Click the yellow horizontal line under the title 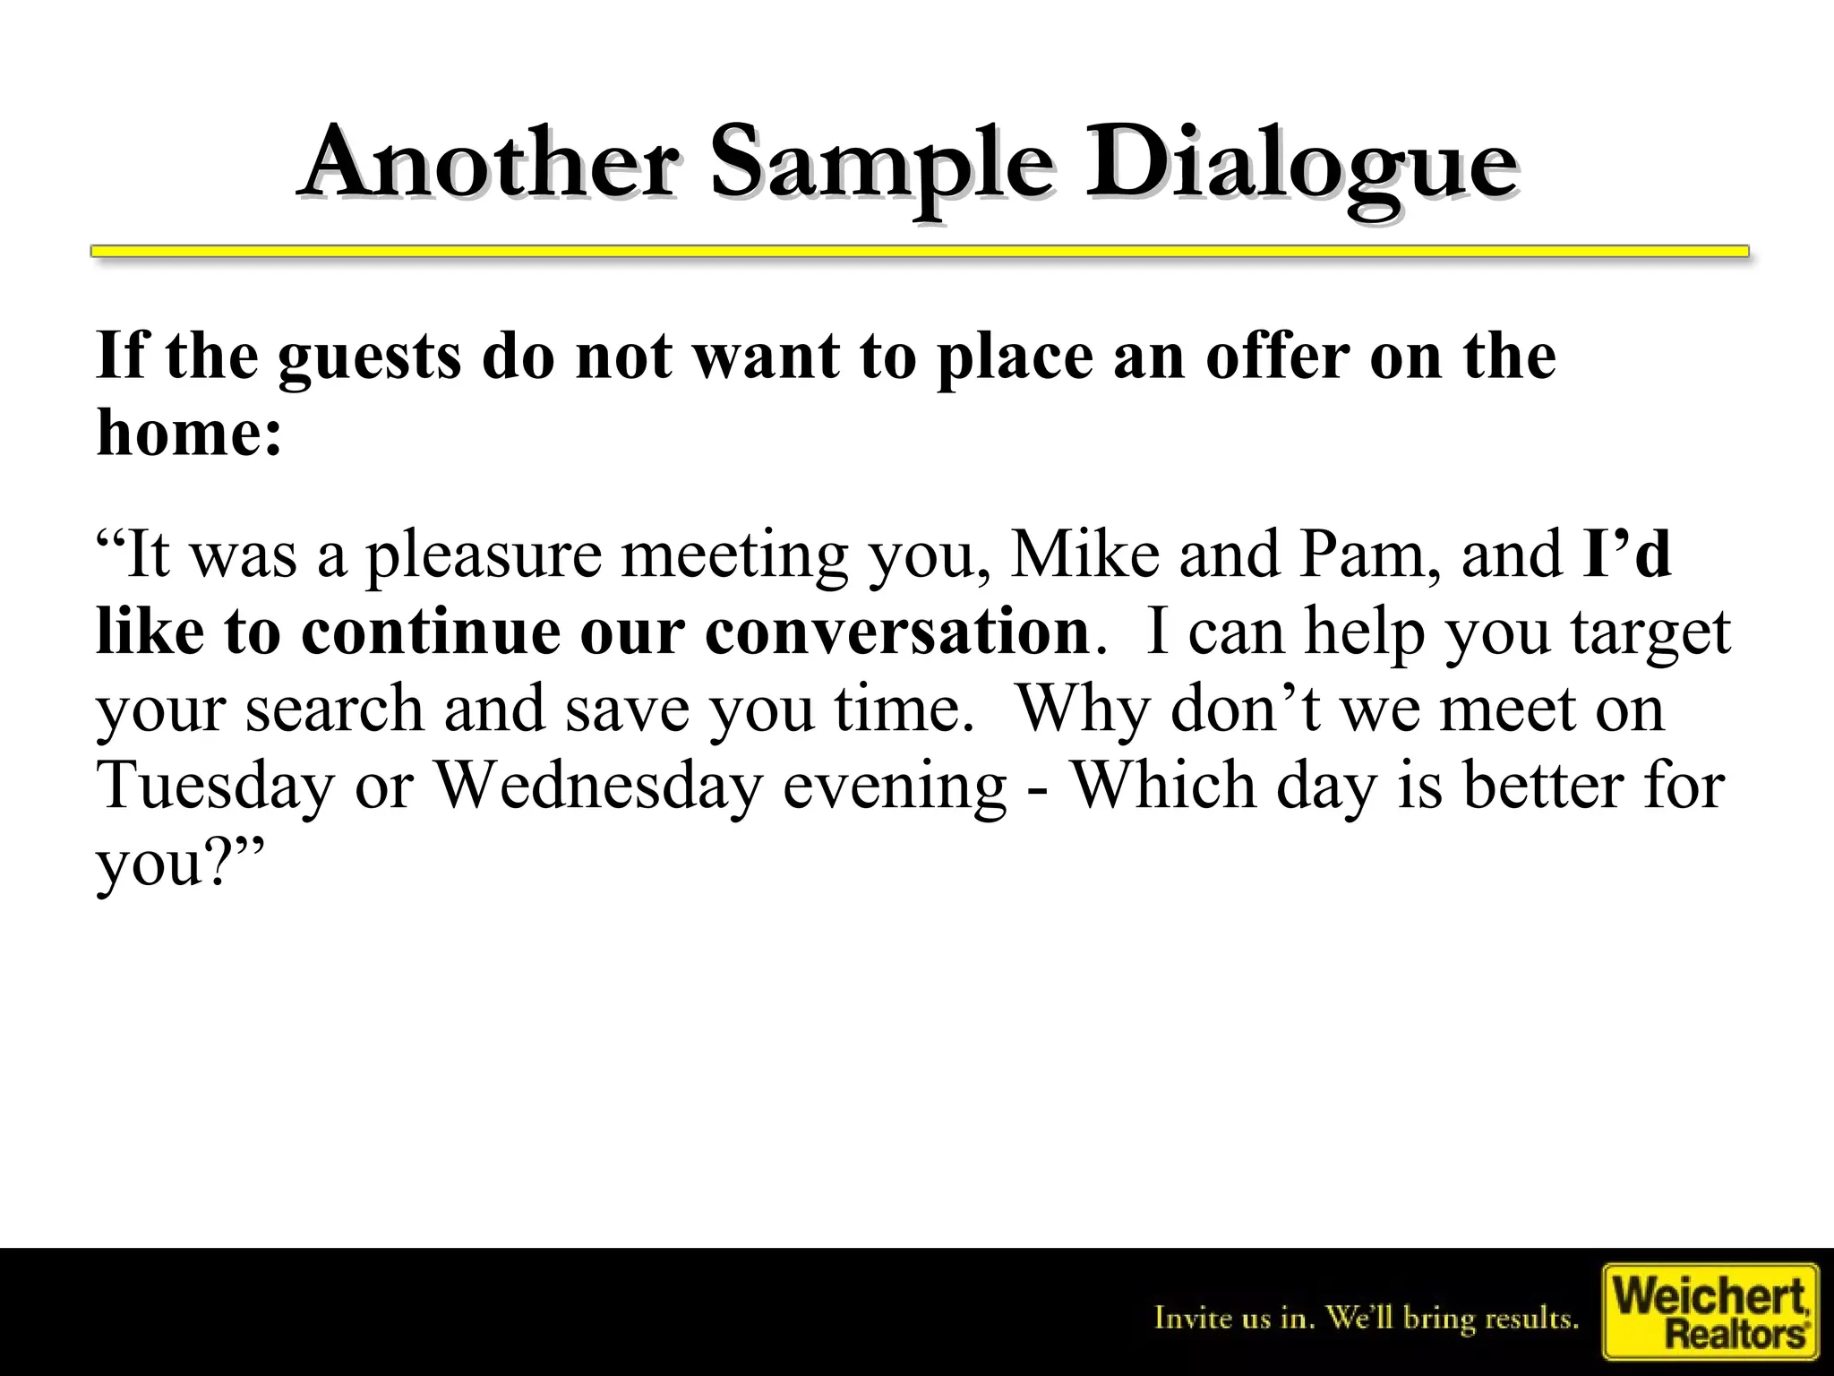point(919,252)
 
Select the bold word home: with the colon point(189,433)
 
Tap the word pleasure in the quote point(484,555)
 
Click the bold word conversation point(896,632)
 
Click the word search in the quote point(334,709)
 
